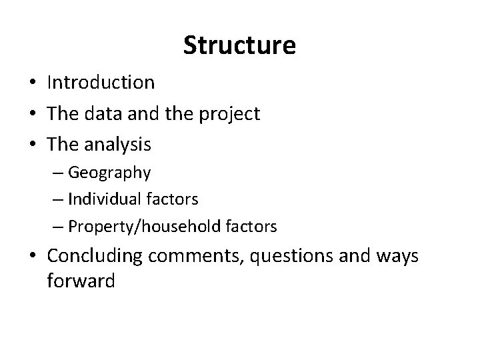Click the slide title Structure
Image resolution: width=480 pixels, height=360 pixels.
pos(239,45)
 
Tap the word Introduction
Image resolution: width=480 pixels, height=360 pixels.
pos(101,83)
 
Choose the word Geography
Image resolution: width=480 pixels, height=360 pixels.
pos(109,173)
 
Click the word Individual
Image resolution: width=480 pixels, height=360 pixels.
pos(108,199)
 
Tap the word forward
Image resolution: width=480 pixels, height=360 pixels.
pos(81,281)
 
